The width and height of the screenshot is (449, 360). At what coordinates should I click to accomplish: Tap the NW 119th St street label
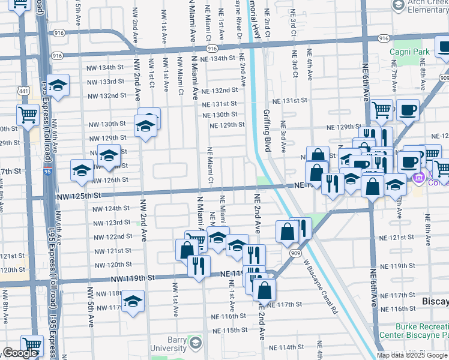133,278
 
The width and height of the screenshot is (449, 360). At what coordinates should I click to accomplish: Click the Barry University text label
168,343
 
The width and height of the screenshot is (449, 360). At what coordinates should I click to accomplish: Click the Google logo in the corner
19,353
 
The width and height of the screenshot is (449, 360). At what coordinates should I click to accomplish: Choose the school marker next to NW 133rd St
58,86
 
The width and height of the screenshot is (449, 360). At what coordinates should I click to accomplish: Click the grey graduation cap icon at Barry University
195,343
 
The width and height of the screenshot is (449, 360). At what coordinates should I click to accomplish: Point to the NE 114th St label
286,347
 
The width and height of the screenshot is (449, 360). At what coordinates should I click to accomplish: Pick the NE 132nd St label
220,91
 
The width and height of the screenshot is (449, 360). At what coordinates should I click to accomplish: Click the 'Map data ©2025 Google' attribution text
411,355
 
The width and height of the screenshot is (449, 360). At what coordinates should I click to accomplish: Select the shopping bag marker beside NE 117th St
264,291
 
